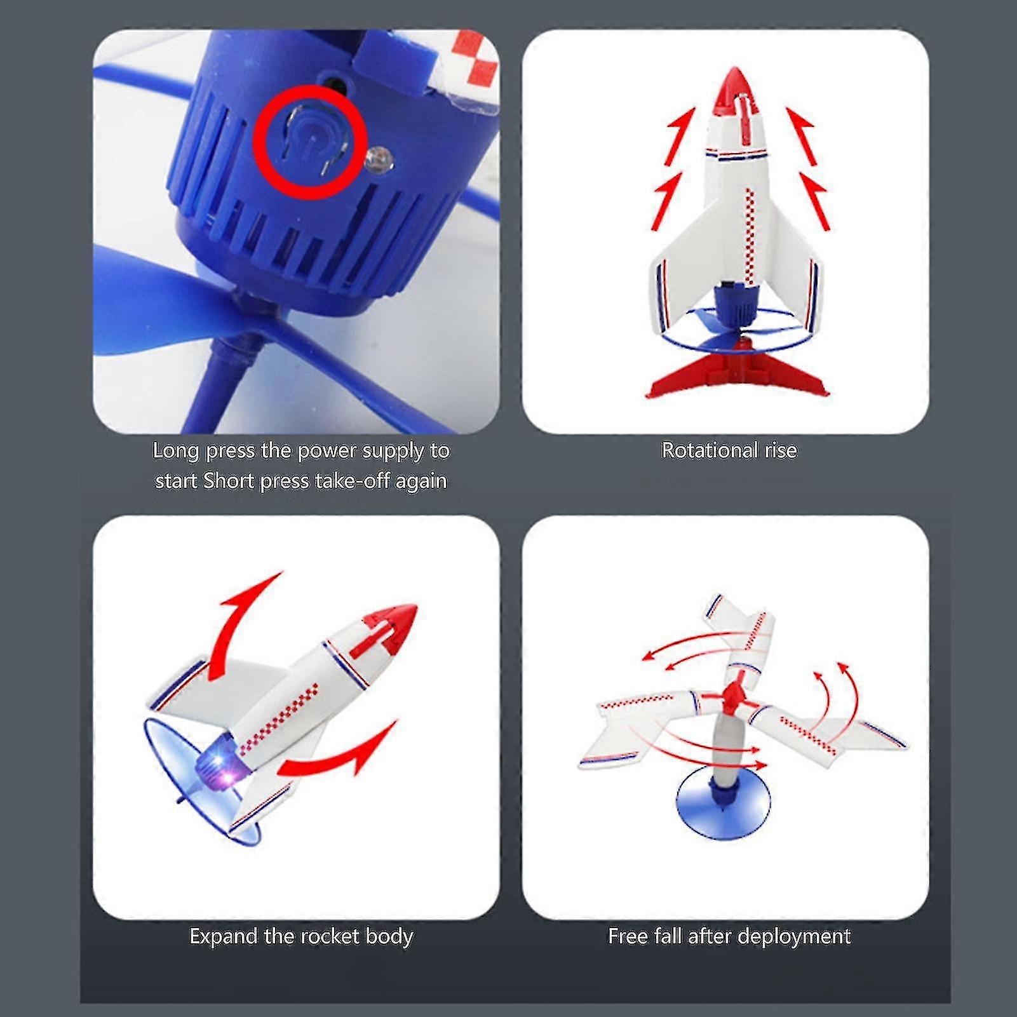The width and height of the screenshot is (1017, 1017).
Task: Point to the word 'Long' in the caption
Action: (x=175, y=451)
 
